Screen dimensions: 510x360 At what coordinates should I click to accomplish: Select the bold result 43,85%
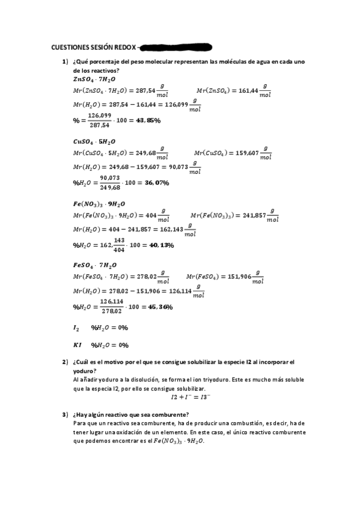[x=148, y=120]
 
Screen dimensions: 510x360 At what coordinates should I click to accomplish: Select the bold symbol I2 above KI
[x=76, y=328]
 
